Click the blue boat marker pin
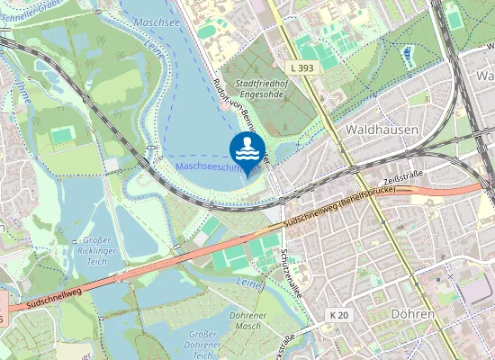click(x=247, y=151)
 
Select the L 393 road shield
click(x=301, y=68)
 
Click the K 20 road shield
click(x=338, y=314)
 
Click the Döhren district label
click(x=413, y=314)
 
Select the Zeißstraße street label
click(x=401, y=181)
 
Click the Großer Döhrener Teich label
click(x=202, y=345)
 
